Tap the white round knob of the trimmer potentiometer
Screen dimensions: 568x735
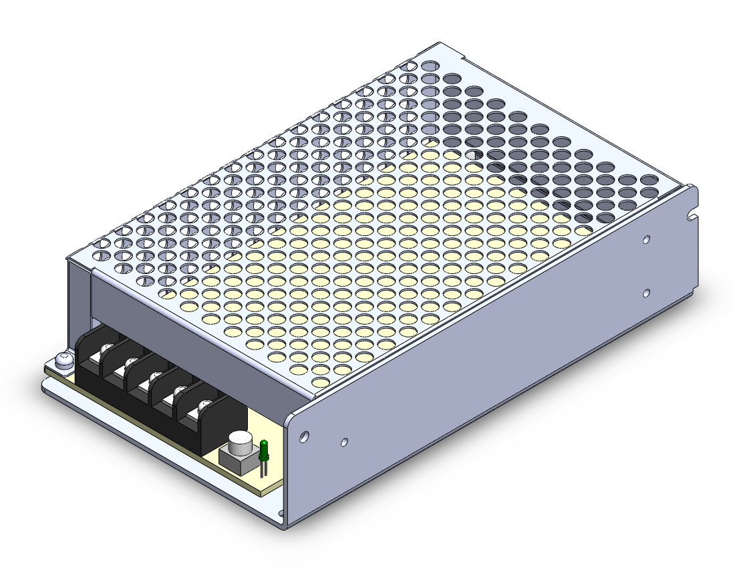[239, 442]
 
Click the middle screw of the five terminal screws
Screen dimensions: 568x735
[154, 380]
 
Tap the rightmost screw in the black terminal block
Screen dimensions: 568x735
[202, 408]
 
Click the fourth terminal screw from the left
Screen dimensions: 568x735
[178, 394]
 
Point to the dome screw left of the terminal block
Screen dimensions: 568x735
[63, 360]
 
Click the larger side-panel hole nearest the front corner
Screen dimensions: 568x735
[304, 436]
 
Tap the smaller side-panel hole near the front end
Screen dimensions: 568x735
[343, 442]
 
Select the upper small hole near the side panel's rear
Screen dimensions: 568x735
[646, 239]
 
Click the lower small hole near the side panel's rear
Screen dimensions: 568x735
[646, 293]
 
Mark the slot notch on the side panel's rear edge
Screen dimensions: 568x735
[693, 217]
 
